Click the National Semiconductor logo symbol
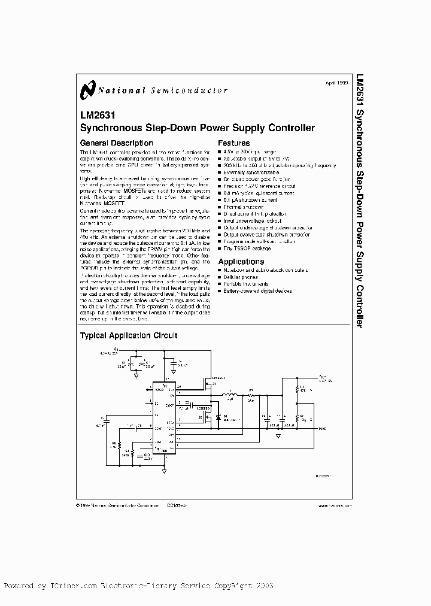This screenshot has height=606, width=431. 87,89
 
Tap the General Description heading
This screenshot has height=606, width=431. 117,143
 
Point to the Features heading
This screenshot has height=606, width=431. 234,143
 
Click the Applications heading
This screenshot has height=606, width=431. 241,262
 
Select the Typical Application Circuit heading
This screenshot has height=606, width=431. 129,336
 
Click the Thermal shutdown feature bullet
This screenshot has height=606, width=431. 243,207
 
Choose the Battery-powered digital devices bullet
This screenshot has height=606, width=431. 257,290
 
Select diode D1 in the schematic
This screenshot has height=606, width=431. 218,416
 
